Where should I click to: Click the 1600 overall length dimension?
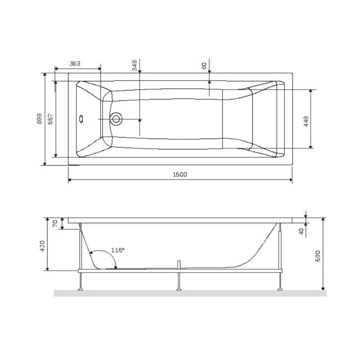tap(180, 175)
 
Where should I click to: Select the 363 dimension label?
tap(75, 64)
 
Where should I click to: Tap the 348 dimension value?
tap(135, 67)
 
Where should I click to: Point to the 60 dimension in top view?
tap(204, 66)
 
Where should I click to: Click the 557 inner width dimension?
tap(50, 119)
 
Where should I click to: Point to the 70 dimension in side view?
tap(56, 224)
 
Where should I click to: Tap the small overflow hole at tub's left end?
tap(81, 119)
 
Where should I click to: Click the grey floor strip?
tap(189, 293)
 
